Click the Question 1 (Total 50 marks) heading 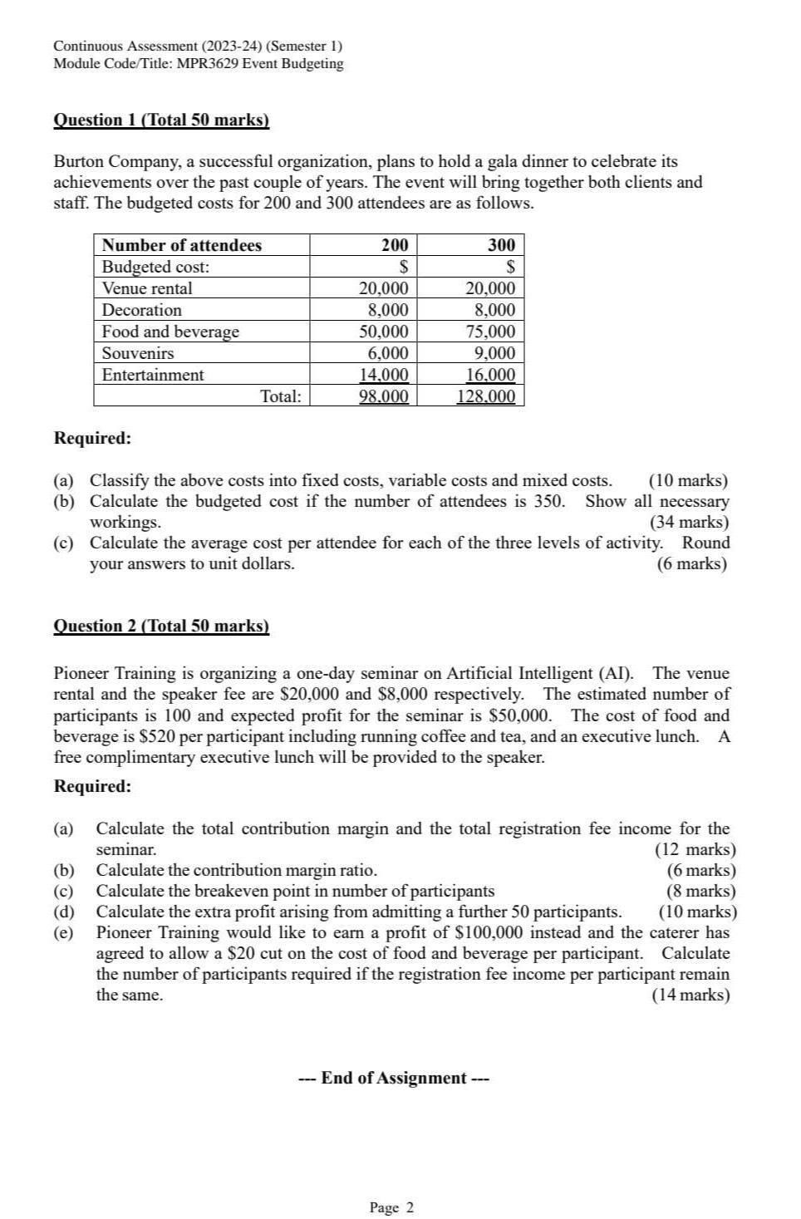(x=161, y=120)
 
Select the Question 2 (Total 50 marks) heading (x=161, y=626)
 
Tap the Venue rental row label (x=147, y=288)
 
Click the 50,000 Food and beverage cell (x=383, y=332)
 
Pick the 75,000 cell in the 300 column (x=490, y=332)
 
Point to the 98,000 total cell (x=383, y=396)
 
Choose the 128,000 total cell (x=486, y=396)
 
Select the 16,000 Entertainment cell (x=490, y=375)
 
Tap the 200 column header (x=395, y=245)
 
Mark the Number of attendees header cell (x=181, y=245)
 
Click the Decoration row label (x=141, y=310)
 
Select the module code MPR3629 (x=204, y=63)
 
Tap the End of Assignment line (x=394, y=1078)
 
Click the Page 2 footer (x=391, y=1207)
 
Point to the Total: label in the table (x=281, y=396)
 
